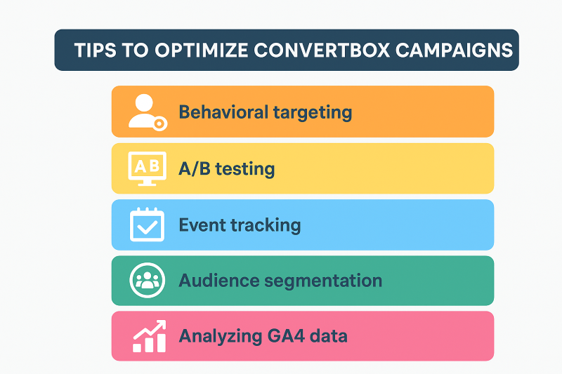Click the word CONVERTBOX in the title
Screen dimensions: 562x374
point(322,50)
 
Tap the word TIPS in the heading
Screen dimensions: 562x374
point(95,50)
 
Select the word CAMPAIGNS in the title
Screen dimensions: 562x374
point(454,50)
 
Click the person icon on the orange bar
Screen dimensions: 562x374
point(144,111)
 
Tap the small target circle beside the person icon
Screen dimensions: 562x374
point(159,123)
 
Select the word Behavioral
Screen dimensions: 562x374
point(223,112)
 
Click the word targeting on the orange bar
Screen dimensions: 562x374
point(313,113)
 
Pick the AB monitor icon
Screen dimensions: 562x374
point(148,168)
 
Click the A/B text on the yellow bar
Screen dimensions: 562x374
point(195,168)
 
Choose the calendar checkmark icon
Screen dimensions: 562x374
point(147,225)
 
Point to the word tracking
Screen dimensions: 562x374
point(266,225)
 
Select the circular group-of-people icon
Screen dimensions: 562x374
point(148,280)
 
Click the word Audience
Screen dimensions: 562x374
point(219,280)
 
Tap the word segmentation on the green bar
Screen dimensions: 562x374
point(323,281)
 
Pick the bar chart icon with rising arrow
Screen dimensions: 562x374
point(150,336)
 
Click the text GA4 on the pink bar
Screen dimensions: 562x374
point(286,336)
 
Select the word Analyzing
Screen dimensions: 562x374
point(221,337)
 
